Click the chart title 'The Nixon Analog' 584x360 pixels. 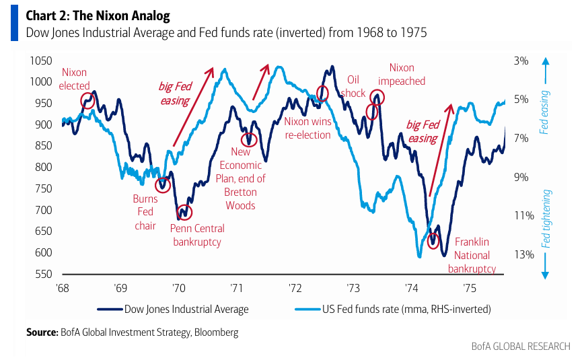pyautogui.click(x=121, y=15)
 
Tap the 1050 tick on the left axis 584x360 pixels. pyautogui.click(x=41, y=61)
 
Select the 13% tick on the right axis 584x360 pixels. pyautogui.click(x=524, y=254)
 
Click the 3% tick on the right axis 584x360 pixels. pyautogui.click(x=521, y=61)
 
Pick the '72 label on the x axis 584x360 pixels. pyautogui.click(x=295, y=288)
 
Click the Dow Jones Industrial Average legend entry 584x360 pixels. pyautogui.click(x=173, y=310)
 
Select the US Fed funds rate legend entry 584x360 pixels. pyautogui.click(x=393, y=310)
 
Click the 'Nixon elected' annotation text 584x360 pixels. pyautogui.click(x=74, y=79)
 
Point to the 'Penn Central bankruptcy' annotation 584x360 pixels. pyautogui.click(x=197, y=235)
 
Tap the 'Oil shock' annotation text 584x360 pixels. pyautogui.click(x=353, y=86)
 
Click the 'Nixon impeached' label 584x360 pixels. pyautogui.click(x=402, y=74)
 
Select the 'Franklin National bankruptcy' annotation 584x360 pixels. pyautogui.click(x=472, y=255)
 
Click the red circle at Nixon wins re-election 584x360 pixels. pyautogui.click(x=322, y=86)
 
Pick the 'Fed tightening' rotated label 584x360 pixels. pyautogui.click(x=546, y=219)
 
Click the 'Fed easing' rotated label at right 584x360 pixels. pyautogui.click(x=544, y=112)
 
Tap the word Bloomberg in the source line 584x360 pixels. pyautogui.click(x=216, y=332)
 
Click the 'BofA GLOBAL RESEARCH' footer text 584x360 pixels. pyautogui.click(x=521, y=347)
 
